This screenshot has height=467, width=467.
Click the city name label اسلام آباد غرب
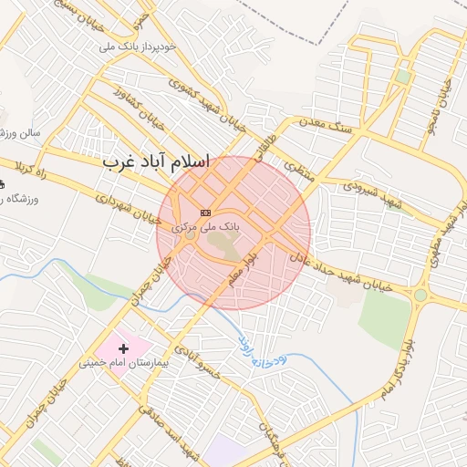pos(156,162)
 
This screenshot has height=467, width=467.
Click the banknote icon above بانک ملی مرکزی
pos(205,212)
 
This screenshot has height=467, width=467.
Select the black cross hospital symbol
pos(124,348)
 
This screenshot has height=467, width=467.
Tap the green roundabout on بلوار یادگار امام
pos(420,295)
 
